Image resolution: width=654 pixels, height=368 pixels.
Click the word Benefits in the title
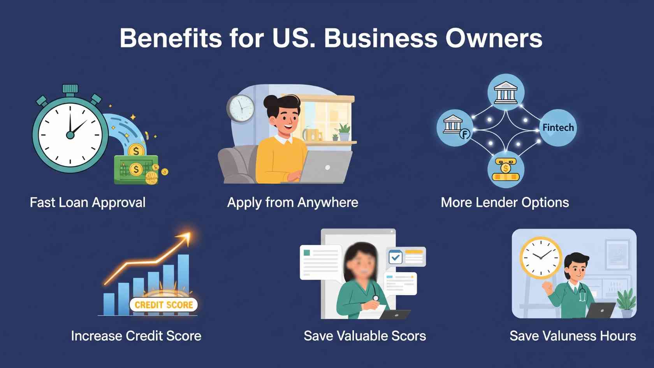point(171,38)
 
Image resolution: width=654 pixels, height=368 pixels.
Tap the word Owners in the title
point(494,38)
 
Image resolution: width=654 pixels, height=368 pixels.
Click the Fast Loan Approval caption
point(88,202)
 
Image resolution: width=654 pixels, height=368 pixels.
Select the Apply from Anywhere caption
point(293,202)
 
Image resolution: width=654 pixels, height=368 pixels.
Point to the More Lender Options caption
point(505,202)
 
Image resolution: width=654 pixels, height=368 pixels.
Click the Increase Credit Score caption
point(136,336)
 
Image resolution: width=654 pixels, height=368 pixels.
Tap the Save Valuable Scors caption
point(365,336)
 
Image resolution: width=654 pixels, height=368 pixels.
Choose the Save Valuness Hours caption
point(573,336)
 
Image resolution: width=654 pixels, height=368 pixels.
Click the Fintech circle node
point(558,128)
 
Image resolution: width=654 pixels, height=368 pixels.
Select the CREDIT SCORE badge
point(163,305)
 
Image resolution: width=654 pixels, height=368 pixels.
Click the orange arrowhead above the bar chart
point(185,238)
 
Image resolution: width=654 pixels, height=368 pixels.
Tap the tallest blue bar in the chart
point(183,285)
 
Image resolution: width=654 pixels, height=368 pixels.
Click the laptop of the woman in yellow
point(325,167)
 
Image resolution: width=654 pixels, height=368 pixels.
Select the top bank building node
point(506,92)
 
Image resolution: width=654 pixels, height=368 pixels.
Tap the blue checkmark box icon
point(396,257)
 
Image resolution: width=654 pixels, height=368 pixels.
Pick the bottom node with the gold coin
point(506,170)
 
